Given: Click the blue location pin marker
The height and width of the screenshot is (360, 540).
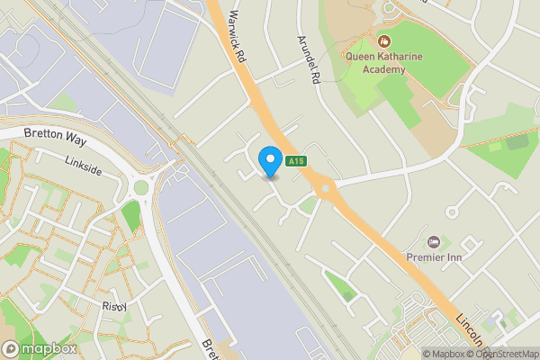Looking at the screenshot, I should [x=269, y=162].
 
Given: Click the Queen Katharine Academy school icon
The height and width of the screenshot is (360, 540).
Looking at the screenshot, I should [x=384, y=40].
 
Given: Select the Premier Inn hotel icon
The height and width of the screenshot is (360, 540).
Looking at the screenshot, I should [x=435, y=241].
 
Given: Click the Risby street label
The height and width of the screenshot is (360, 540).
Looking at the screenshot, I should [x=114, y=306].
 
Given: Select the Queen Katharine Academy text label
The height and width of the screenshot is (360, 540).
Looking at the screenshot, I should [x=384, y=63].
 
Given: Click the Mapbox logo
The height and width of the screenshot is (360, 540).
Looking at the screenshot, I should [x=39, y=348].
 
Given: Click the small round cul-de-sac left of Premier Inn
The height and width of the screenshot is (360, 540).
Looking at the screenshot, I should [x=452, y=212].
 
